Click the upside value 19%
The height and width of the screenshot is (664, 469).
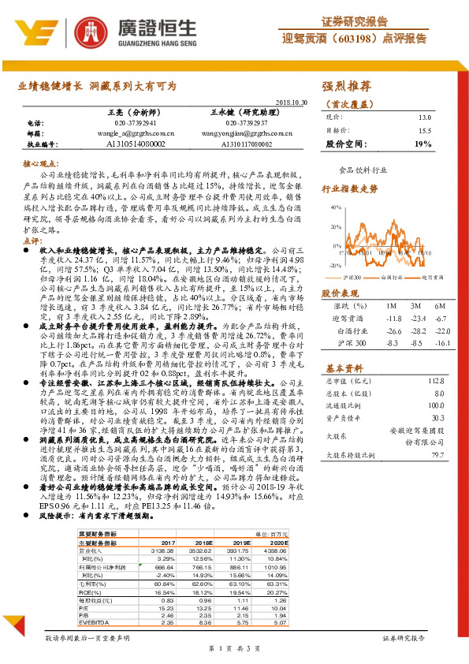tap(423, 144)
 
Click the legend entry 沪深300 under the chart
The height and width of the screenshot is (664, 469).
tap(352, 278)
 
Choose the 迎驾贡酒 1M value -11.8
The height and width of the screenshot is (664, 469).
tap(391, 318)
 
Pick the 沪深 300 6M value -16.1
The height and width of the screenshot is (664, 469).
tap(441, 345)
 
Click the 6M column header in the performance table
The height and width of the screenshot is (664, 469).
tap(441, 305)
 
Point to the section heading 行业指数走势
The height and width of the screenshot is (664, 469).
tap(344, 189)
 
